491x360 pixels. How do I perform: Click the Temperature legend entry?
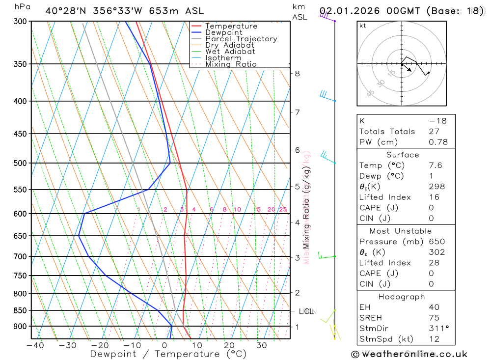coord(231,26)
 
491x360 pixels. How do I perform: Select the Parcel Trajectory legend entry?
coord(241,39)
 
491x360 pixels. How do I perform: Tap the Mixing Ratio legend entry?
coord(231,64)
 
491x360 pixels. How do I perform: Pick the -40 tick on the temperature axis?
coord(35,345)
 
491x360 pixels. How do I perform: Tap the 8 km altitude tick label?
coord(297,74)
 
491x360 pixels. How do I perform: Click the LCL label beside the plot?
coord(306,311)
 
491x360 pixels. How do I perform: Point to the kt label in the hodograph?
coord(363,26)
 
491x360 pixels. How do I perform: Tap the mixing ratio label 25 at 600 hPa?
coord(283,210)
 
